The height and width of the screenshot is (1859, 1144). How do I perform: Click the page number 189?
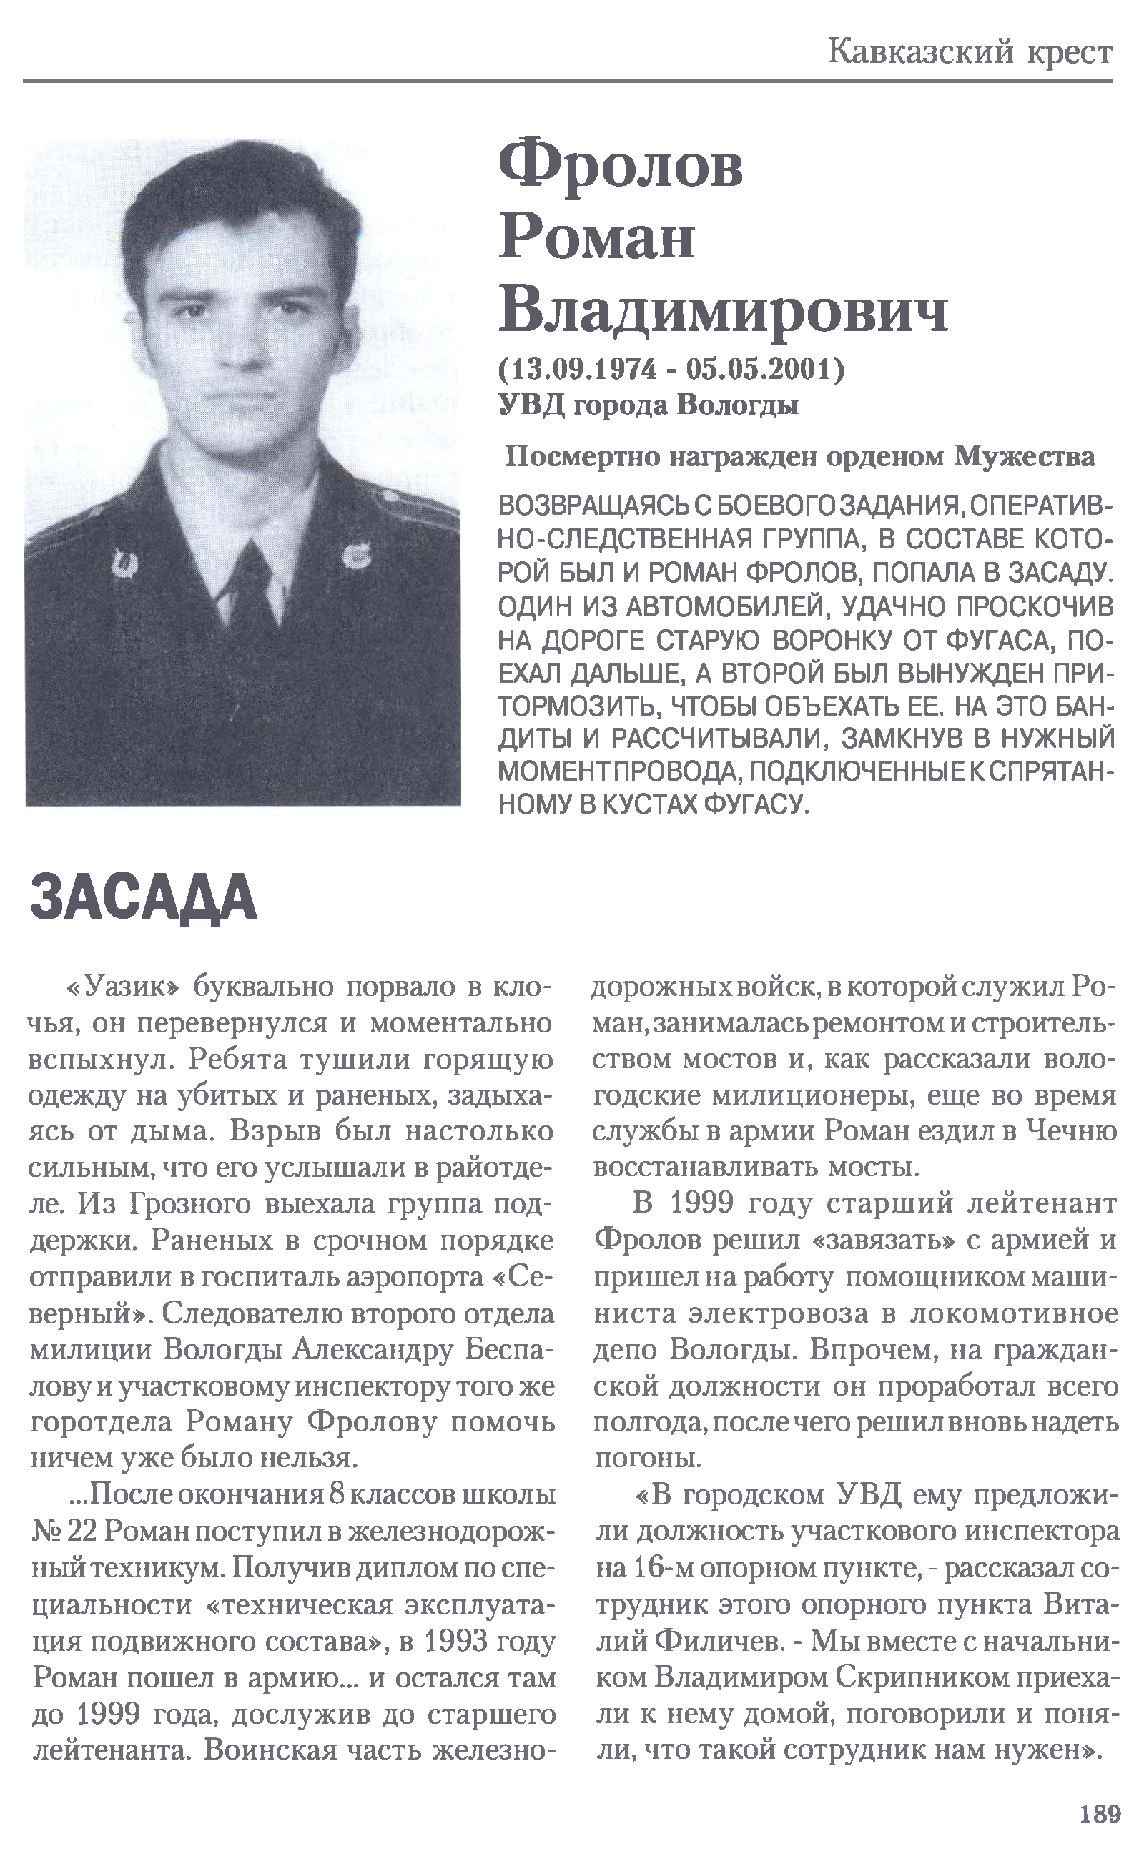click(x=1100, y=1815)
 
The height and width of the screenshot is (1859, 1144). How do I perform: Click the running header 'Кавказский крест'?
click(x=970, y=52)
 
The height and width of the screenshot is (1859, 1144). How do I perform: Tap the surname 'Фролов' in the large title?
click(x=621, y=166)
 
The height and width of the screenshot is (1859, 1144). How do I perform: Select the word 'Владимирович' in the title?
click(x=723, y=312)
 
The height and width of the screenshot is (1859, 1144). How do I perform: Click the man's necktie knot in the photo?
click(x=250, y=561)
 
